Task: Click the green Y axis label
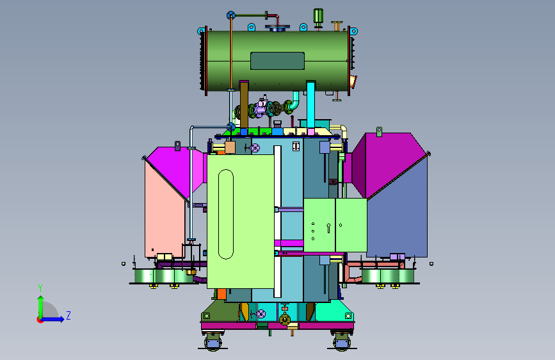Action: pyautogui.click(x=40, y=288)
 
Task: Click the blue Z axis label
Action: pyautogui.click(x=68, y=315)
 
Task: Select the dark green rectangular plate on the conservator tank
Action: pyautogui.click(x=278, y=61)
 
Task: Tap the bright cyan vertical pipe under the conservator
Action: pyautogui.click(x=310, y=105)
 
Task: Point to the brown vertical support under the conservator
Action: pyautogui.click(x=244, y=104)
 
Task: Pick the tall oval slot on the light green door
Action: pyautogui.click(x=226, y=214)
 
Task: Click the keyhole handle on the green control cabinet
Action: pyautogui.click(x=328, y=228)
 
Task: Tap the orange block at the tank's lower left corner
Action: pyautogui.click(x=221, y=294)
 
